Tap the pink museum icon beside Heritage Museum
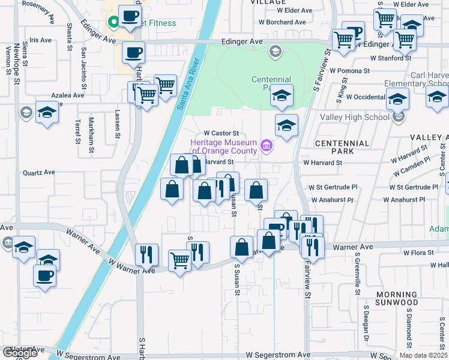click(267, 145)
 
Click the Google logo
click(20, 353)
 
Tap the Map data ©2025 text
click(423, 355)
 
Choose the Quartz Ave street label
click(38, 172)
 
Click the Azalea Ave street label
click(68, 95)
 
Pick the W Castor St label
click(221, 133)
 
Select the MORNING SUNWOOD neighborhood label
click(396, 298)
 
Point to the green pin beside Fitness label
click(112, 23)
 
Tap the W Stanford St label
click(391, 58)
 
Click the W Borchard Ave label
click(283, 22)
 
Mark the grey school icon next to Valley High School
click(398, 117)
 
